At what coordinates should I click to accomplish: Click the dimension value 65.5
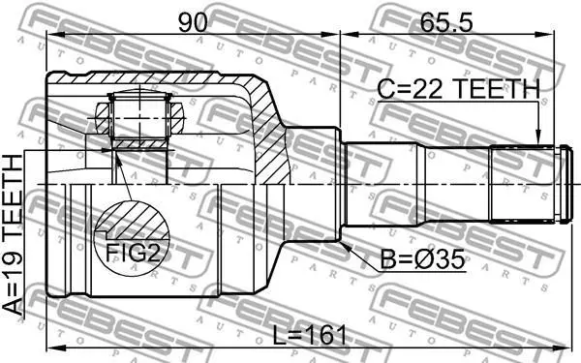(x=446, y=22)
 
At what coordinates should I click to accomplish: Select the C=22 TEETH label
(x=458, y=89)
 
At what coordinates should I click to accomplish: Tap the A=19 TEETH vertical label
(x=13, y=235)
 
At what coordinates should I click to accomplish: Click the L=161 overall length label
(x=310, y=336)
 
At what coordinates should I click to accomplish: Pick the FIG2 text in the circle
(x=133, y=253)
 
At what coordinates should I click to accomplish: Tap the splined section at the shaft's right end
(x=522, y=184)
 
